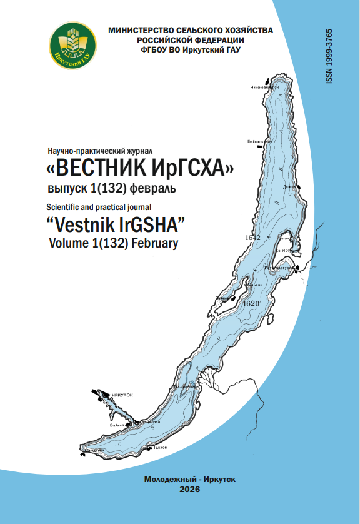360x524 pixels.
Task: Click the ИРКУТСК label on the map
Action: tap(123, 396)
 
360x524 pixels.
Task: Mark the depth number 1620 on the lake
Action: tap(250, 303)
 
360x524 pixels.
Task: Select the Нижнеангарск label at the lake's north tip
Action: tap(264, 88)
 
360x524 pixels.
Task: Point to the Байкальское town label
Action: tap(260, 141)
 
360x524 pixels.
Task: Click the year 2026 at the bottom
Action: tap(189, 490)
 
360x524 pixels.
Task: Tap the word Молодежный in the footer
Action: tap(167, 480)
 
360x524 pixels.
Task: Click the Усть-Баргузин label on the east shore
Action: tap(278, 267)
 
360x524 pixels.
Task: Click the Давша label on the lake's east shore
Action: tap(289, 186)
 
